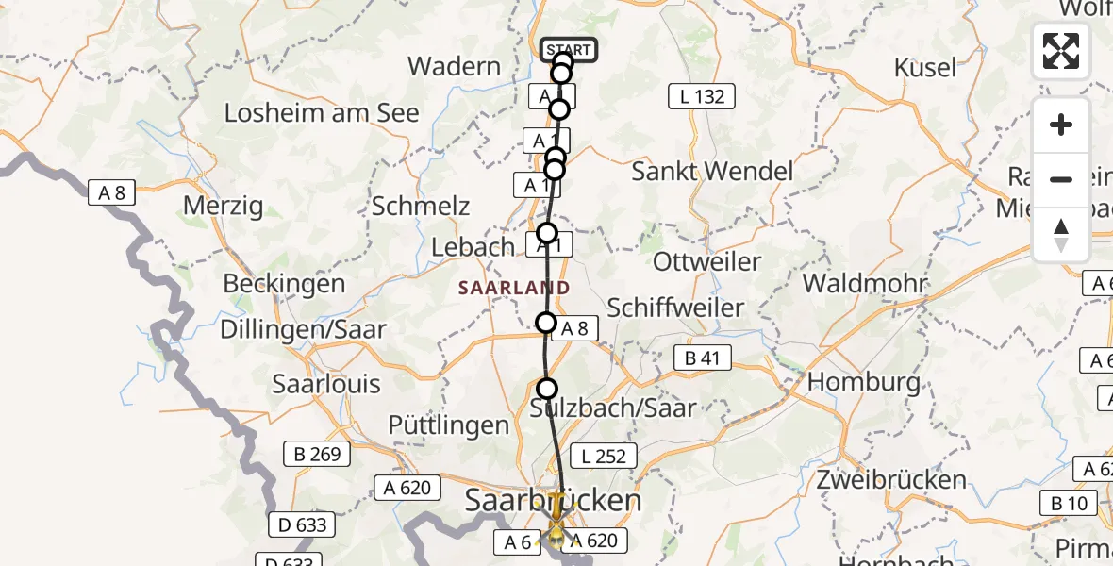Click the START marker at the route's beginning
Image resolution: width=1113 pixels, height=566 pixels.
pos(568,50)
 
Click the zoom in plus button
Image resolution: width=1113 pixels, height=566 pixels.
pos(1061,125)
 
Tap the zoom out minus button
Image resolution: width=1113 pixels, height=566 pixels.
pos(1061,179)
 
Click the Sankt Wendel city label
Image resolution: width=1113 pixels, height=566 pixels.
pos(712,172)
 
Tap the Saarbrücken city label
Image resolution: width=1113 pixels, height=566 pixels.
pos(553,500)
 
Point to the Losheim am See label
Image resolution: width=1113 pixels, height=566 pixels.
pos(322,113)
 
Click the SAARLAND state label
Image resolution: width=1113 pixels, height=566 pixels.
pos(514,288)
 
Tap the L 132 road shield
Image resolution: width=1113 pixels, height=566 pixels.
pos(702,95)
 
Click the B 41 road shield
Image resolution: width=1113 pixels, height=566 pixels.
pos(703,358)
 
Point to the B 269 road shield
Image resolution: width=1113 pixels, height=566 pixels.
pos(316,454)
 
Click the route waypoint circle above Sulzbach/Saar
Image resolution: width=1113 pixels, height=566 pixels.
pos(547,388)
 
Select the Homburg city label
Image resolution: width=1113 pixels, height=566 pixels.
pos(864,382)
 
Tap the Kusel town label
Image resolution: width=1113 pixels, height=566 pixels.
pos(925,68)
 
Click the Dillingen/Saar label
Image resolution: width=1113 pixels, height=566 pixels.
pos(303,328)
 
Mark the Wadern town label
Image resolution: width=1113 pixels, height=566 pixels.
pos(454,67)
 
